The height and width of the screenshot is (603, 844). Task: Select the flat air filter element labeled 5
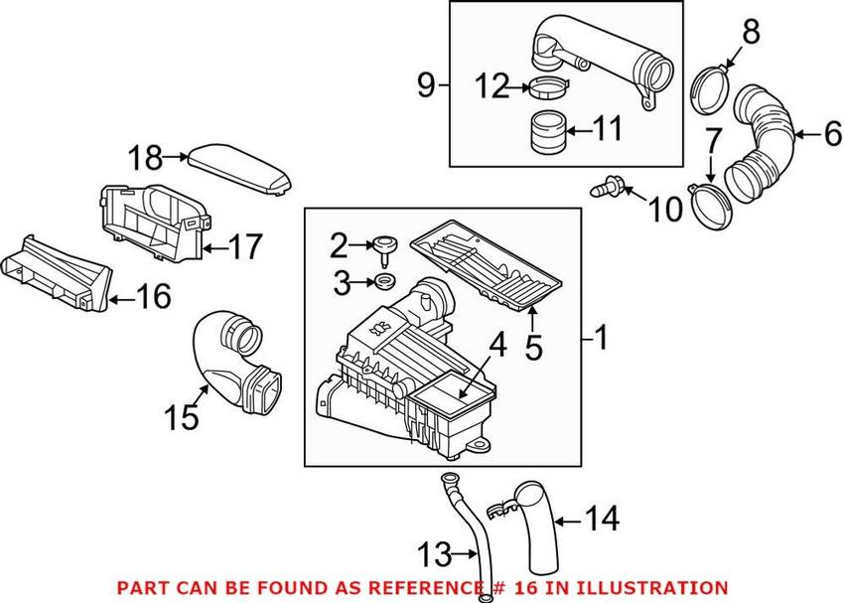487,261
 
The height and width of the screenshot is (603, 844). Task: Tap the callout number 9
427,87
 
